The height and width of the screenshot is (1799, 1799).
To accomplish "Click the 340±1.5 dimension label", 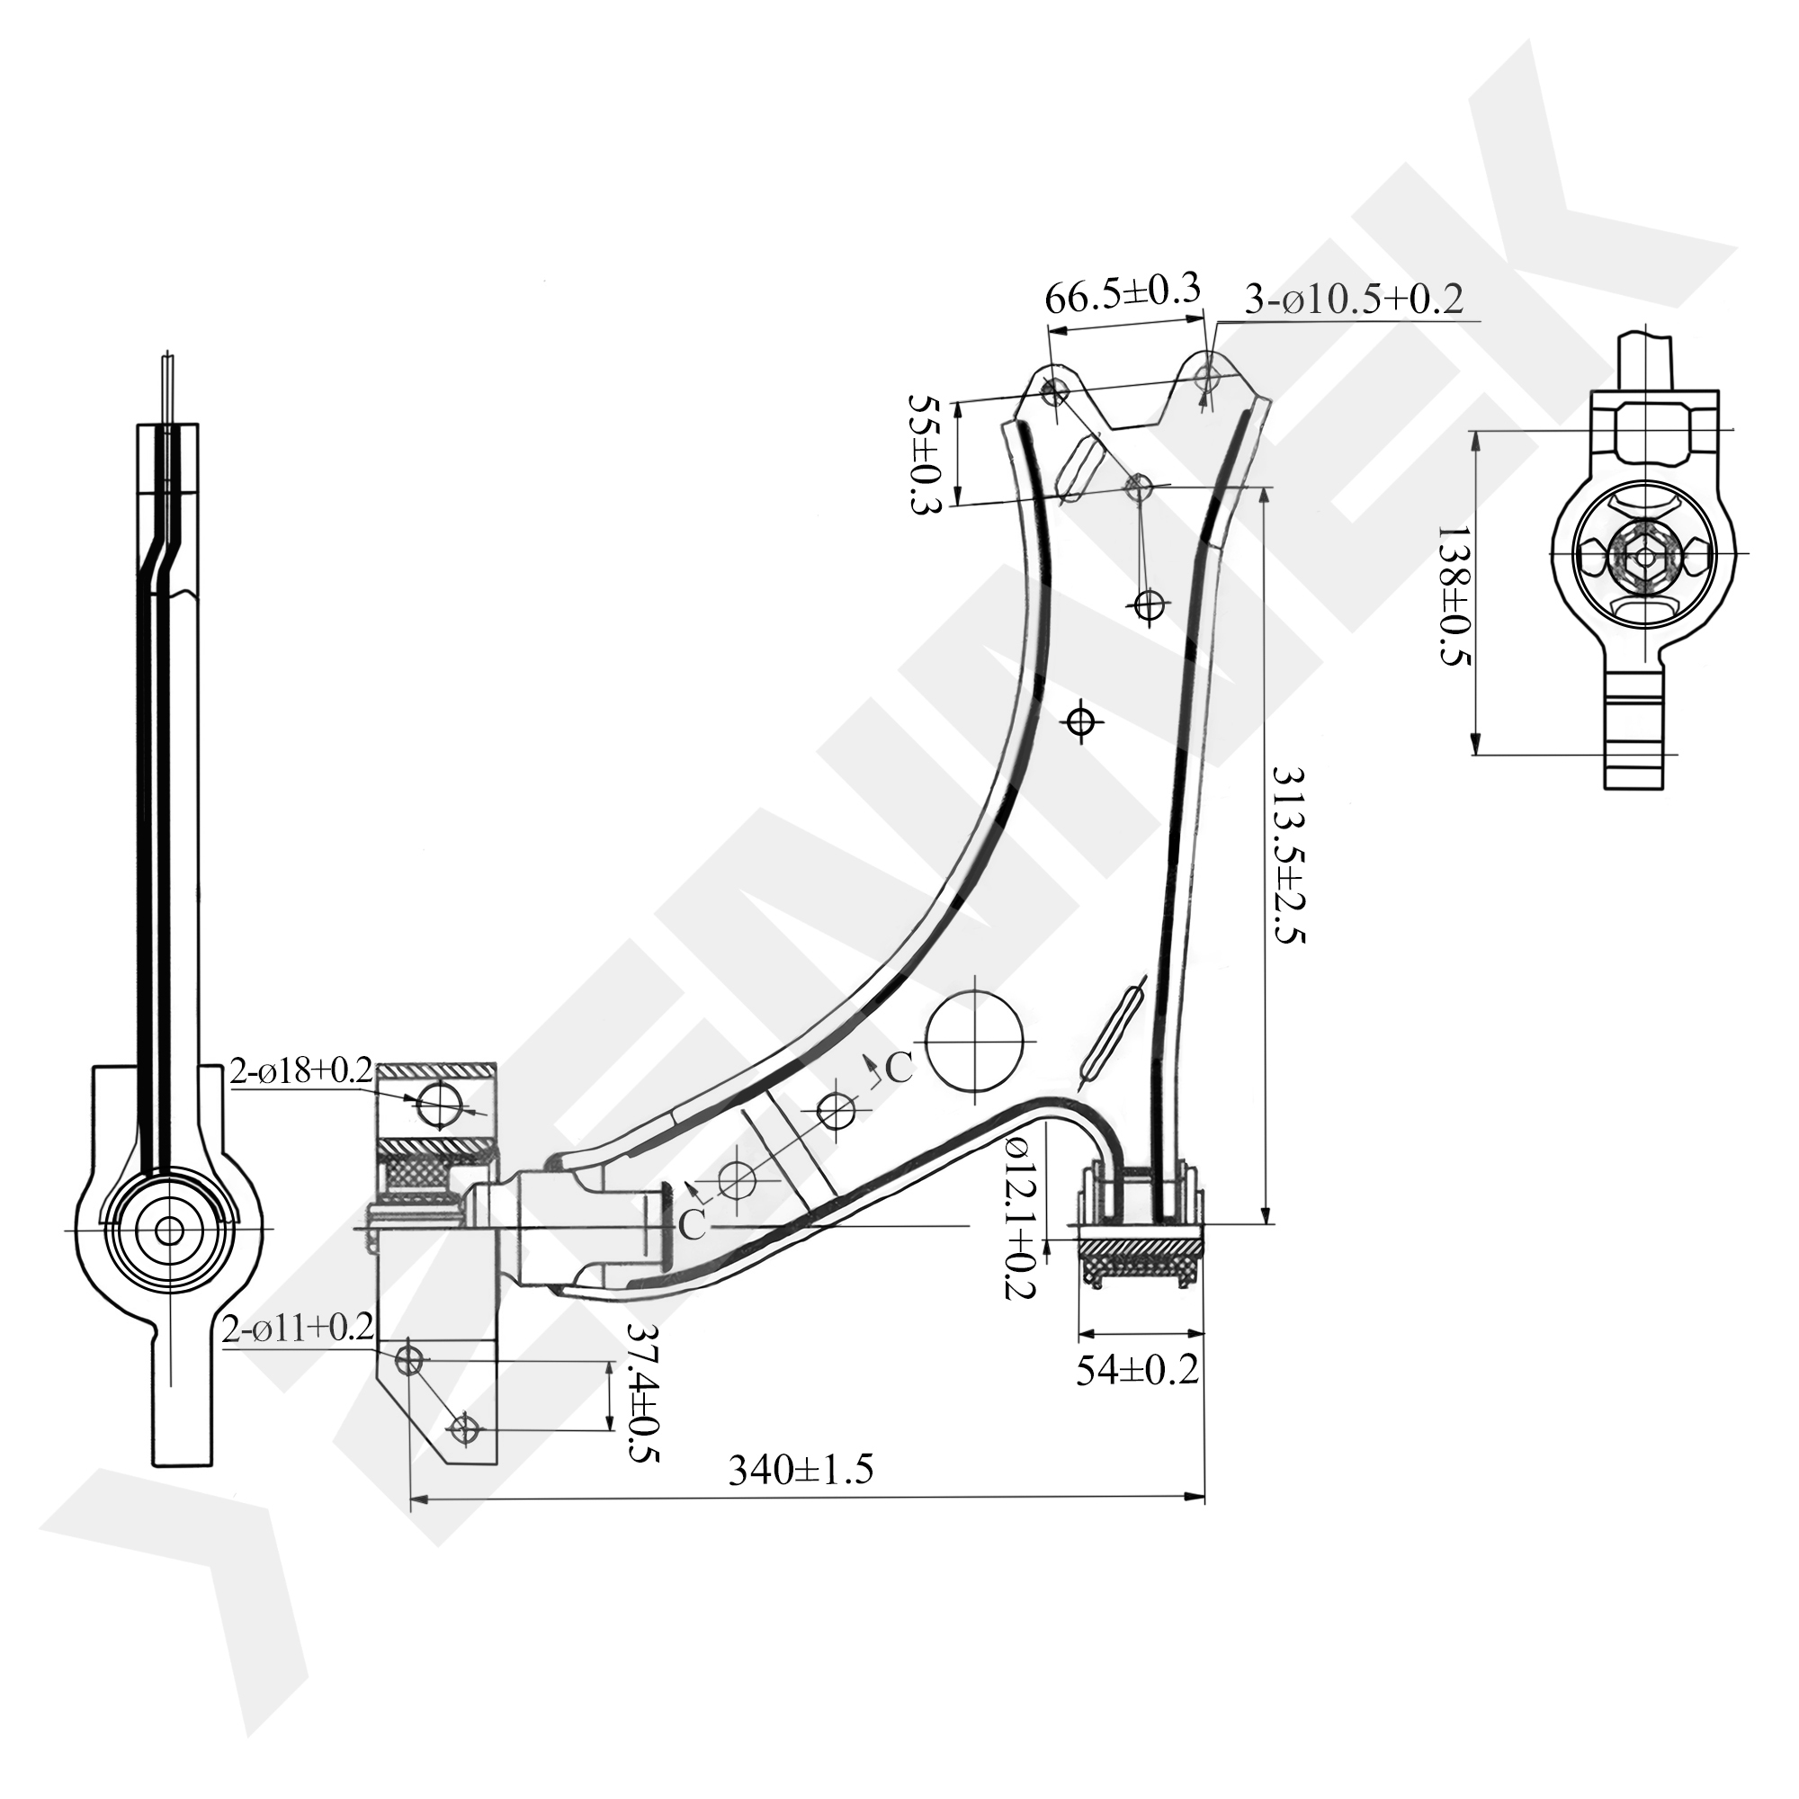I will tap(801, 1471).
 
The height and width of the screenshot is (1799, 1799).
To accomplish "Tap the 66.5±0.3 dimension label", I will tap(1123, 295).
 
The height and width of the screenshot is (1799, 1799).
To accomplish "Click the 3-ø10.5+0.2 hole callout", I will tap(1354, 299).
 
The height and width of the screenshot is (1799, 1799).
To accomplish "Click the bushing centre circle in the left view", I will tap(169, 1230).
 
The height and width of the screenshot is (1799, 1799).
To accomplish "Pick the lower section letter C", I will tap(692, 1226).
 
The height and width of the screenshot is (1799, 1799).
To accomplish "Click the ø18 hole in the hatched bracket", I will tap(439, 1105).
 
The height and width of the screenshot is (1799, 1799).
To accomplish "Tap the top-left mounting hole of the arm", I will tap(1055, 392).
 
